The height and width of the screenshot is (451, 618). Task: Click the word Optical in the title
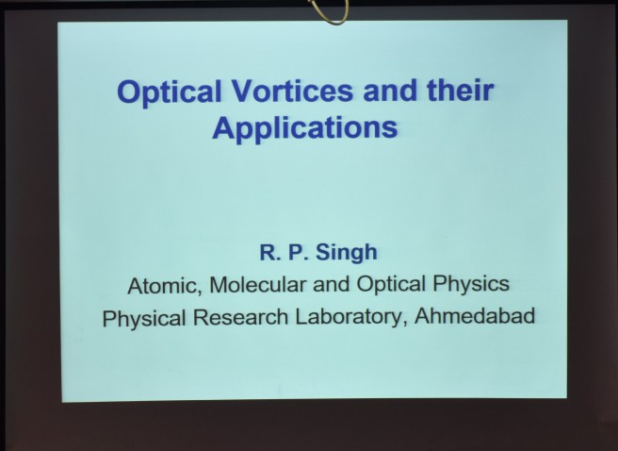(x=169, y=92)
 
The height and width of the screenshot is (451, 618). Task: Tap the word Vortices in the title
(x=292, y=91)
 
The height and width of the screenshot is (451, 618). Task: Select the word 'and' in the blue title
(x=390, y=90)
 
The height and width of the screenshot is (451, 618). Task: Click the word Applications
(x=305, y=128)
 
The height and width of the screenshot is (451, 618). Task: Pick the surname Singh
(x=347, y=253)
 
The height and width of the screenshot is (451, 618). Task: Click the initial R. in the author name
(x=270, y=253)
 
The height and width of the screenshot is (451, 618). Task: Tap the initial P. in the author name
(x=298, y=253)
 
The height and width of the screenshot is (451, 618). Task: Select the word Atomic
(x=162, y=285)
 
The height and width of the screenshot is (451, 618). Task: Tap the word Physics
(x=471, y=284)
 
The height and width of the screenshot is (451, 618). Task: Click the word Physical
(x=144, y=318)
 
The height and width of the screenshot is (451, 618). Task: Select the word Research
(x=240, y=317)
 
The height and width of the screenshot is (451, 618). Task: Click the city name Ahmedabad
(x=475, y=316)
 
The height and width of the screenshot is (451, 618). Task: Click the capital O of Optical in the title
(x=129, y=92)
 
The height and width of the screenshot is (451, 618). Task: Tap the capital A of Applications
(x=224, y=127)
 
